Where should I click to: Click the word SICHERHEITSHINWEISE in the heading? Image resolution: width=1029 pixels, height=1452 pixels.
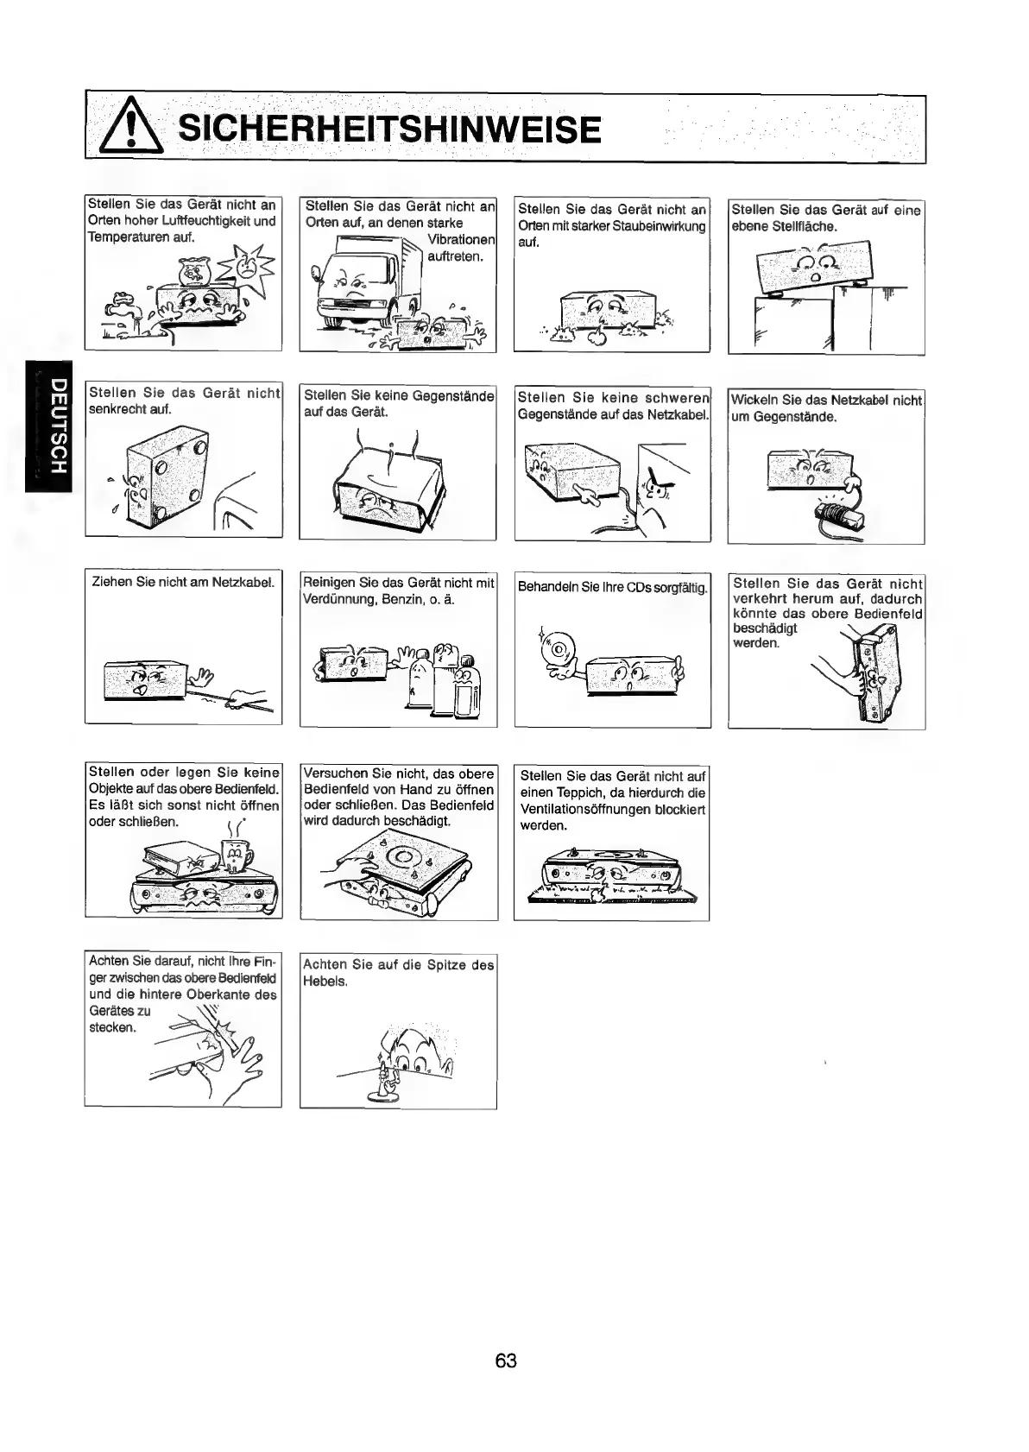(388, 130)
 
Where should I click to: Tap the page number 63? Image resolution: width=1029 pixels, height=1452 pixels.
(506, 1361)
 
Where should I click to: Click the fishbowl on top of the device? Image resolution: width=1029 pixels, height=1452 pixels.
(193, 270)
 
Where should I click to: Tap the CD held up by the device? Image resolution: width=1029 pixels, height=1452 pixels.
(557, 650)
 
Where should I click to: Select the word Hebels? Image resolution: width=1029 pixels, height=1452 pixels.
(325, 982)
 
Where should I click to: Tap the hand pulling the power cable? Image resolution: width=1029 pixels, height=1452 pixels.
(249, 697)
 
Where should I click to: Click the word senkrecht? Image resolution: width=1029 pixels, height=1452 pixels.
(119, 409)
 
